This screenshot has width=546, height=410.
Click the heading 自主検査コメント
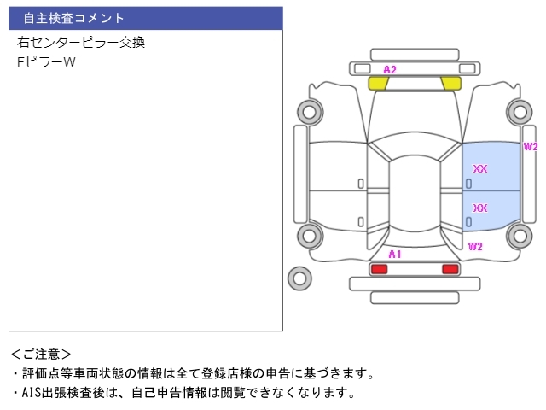coord(73,18)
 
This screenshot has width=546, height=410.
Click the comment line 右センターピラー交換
coord(81,43)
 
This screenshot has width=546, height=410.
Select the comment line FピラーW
coord(46,62)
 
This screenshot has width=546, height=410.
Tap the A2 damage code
coord(390,70)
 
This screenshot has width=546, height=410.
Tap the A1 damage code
coord(395,255)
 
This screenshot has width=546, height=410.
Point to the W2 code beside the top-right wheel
coord(531,147)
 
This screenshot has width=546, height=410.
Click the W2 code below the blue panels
coord(475,247)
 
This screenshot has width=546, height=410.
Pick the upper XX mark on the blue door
coord(479,169)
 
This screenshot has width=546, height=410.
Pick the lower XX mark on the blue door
coord(479,208)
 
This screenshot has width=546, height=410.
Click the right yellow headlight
coord(451,84)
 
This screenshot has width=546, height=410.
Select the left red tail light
coord(379,269)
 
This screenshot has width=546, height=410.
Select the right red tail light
coord(450,269)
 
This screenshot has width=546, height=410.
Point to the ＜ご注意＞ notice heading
coord(41,354)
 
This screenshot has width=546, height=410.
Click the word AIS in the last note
coord(32,393)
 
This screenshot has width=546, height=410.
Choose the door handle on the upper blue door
coord(468,184)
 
